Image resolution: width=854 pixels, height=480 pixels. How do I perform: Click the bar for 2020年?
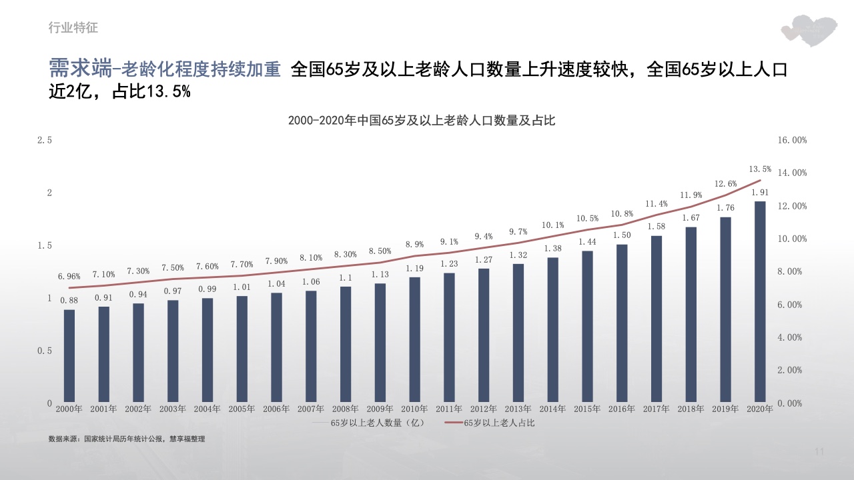[x=760, y=302]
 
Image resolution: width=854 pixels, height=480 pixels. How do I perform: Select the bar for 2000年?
[x=69, y=356]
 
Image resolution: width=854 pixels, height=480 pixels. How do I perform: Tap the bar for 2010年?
[x=414, y=339]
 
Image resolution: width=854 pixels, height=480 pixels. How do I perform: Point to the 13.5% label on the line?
[x=760, y=169]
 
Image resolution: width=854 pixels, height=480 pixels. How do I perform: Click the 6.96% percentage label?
[x=69, y=276]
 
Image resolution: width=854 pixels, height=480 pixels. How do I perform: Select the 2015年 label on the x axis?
[x=587, y=409]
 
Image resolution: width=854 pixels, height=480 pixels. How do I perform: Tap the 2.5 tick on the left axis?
[x=45, y=140]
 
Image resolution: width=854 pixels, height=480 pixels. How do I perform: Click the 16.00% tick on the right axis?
[x=792, y=140]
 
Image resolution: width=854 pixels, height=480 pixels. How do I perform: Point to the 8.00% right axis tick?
[x=792, y=271]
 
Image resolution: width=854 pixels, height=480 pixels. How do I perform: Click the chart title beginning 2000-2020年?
[x=422, y=121]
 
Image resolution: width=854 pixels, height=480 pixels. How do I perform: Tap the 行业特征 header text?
[x=73, y=27]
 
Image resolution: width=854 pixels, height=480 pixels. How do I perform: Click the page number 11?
[x=820, y=453]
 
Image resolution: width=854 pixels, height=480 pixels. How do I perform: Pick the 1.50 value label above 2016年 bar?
[x=622, y=235]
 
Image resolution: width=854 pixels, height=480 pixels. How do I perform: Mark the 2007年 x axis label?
[x=311, y=409]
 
